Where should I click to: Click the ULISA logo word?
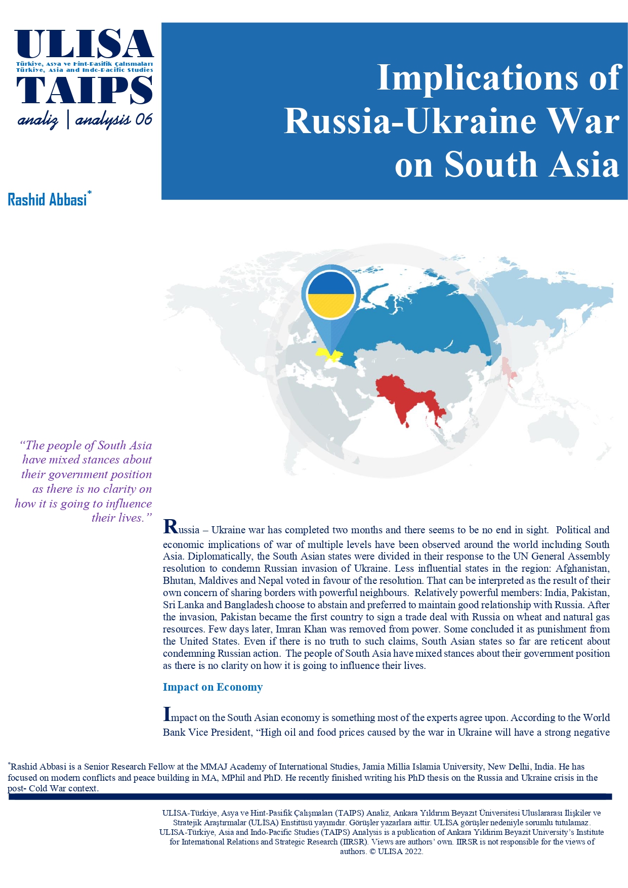(84, 45)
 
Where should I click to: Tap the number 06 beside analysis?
(143, 119)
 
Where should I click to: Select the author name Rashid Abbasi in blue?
(48, 200)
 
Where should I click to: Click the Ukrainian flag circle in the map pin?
(331, 295)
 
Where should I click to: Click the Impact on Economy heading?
(213, 687)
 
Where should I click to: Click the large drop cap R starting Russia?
(171, 527)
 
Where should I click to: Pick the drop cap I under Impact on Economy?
(166, 714)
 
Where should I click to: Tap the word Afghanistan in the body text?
(582, 568)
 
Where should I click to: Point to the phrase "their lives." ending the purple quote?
(121, 518)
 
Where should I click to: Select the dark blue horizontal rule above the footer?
(310, 797)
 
